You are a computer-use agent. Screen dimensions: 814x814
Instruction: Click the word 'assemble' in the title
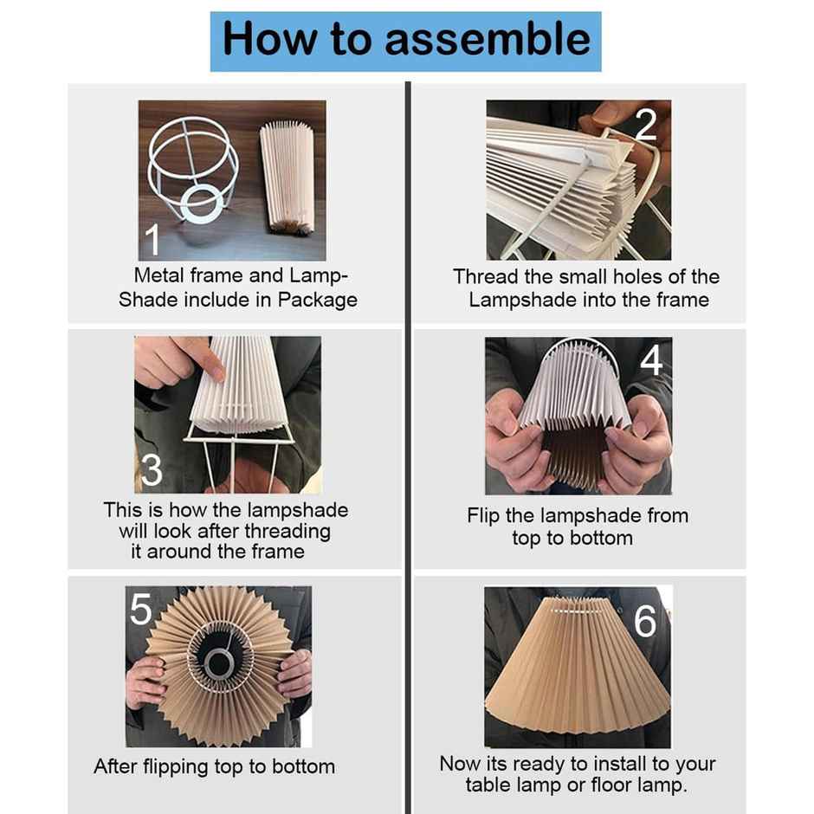(488, 39)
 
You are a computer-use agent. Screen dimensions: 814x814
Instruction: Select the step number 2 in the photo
(646, 124)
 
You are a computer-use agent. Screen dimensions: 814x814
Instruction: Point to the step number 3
(152, 470)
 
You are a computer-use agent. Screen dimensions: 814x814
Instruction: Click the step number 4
(651, 359)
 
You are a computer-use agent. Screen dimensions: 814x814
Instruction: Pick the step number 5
(140, 609)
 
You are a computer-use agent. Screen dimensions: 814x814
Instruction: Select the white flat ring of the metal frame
(200, 204)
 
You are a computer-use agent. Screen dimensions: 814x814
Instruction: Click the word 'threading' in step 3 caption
(287, 532)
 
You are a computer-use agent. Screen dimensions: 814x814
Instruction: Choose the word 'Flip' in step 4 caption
(483, 516)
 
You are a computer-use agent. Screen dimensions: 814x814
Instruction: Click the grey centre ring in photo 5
(218, 664)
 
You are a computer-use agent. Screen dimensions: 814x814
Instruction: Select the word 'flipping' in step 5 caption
(175, 767)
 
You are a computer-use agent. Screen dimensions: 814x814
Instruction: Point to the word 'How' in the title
(270, 39)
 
